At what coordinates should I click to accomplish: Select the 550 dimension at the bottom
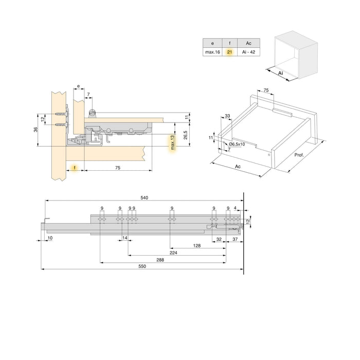pos(142,266)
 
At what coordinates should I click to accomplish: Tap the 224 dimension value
pos(173,253)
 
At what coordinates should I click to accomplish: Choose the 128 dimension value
pos(197,246)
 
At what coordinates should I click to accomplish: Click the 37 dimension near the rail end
pos(235,239)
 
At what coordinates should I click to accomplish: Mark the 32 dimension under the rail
pos(219,239)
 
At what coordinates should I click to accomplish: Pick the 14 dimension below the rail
pos(124,238)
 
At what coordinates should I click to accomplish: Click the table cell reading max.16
pos(212,52)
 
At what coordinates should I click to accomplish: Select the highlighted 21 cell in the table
pos(229,52)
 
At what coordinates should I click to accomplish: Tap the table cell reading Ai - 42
pos(249,52)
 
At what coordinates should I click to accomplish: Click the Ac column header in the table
pos(249,43)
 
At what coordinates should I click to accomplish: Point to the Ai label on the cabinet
pos(281,74)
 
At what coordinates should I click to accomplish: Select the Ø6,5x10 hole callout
pos(238,145)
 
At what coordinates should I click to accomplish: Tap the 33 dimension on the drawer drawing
pos(227,117)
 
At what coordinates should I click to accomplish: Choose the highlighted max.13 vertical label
pos(173,145)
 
